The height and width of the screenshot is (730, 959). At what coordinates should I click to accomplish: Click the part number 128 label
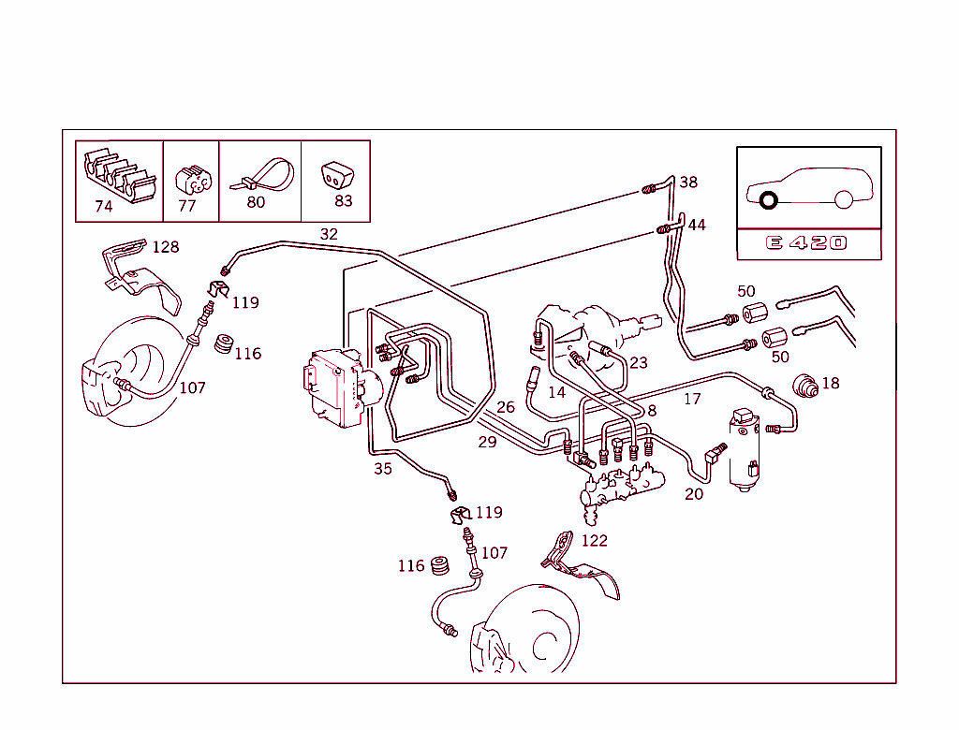point(165,247)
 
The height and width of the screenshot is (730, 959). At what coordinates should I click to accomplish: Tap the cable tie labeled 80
point(261,175)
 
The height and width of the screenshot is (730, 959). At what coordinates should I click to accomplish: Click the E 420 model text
point(806,243)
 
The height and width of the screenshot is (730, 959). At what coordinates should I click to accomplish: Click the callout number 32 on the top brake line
point(329,234)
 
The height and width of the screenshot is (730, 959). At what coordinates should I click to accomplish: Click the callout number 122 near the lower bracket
point(594,540)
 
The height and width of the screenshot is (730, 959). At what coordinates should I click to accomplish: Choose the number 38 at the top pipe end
point(688,182)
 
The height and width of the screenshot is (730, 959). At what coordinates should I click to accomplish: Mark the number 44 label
point(697,226)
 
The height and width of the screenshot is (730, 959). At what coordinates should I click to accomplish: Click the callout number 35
point(383,469)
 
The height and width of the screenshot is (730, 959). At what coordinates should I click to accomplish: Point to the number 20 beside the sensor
point(693,494)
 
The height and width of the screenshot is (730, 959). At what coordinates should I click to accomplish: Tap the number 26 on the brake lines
point(506,407)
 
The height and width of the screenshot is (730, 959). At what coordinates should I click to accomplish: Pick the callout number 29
point(487,442)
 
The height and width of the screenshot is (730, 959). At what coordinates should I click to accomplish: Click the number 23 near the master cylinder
point(639,363)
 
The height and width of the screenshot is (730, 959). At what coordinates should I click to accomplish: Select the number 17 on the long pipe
point(692,399)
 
